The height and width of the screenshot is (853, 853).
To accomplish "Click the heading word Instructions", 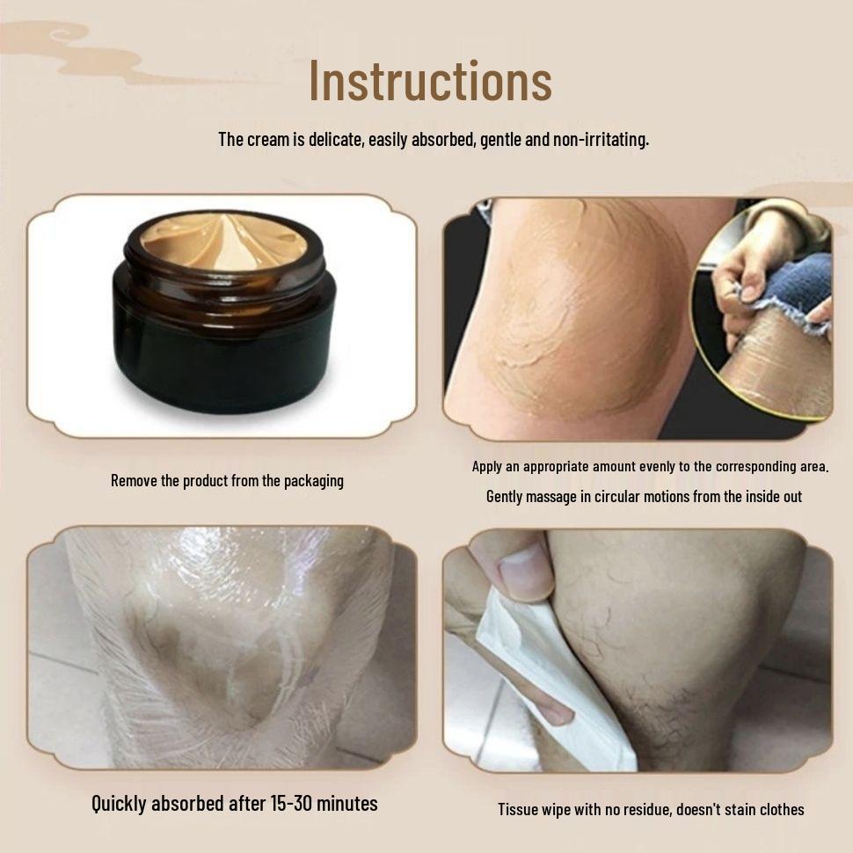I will [430, 80].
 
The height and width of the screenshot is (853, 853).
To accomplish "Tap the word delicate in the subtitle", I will [334, 139].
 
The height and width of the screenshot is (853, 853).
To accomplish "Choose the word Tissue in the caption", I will [518, 809].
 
